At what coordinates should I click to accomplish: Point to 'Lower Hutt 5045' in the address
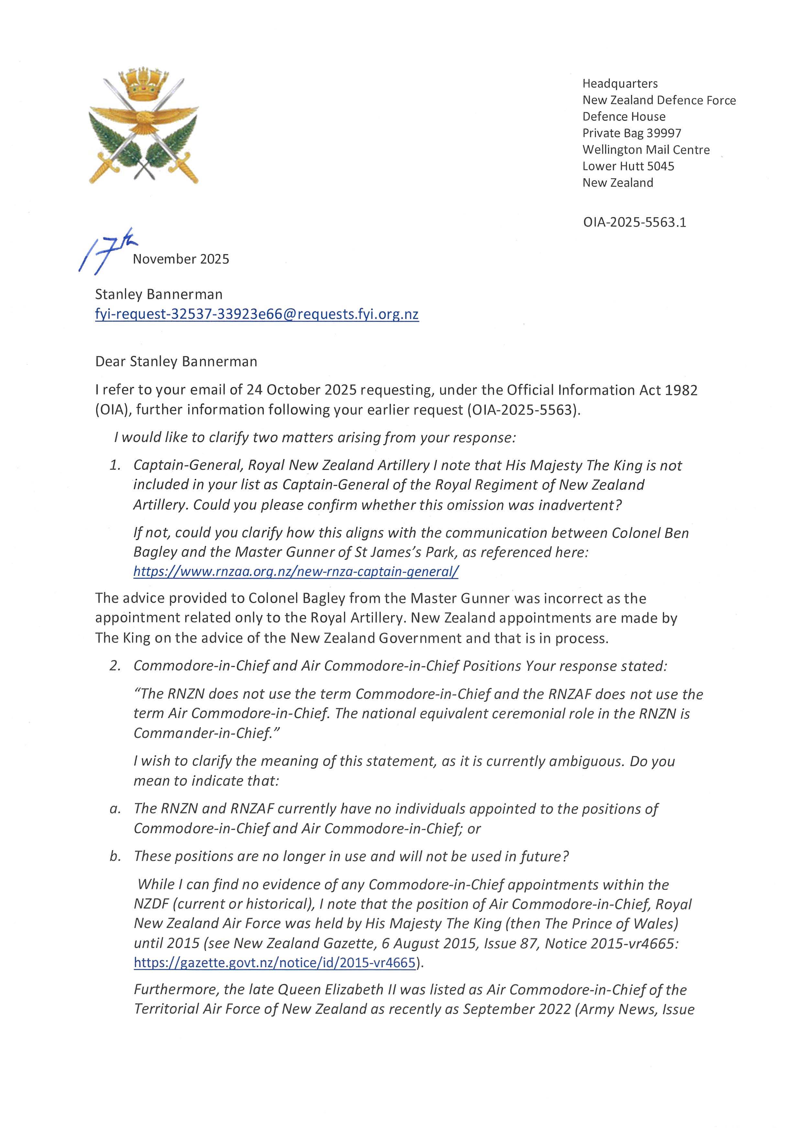628,166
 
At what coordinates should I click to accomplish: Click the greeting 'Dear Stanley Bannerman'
176,362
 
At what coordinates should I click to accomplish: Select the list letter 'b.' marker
115,856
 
